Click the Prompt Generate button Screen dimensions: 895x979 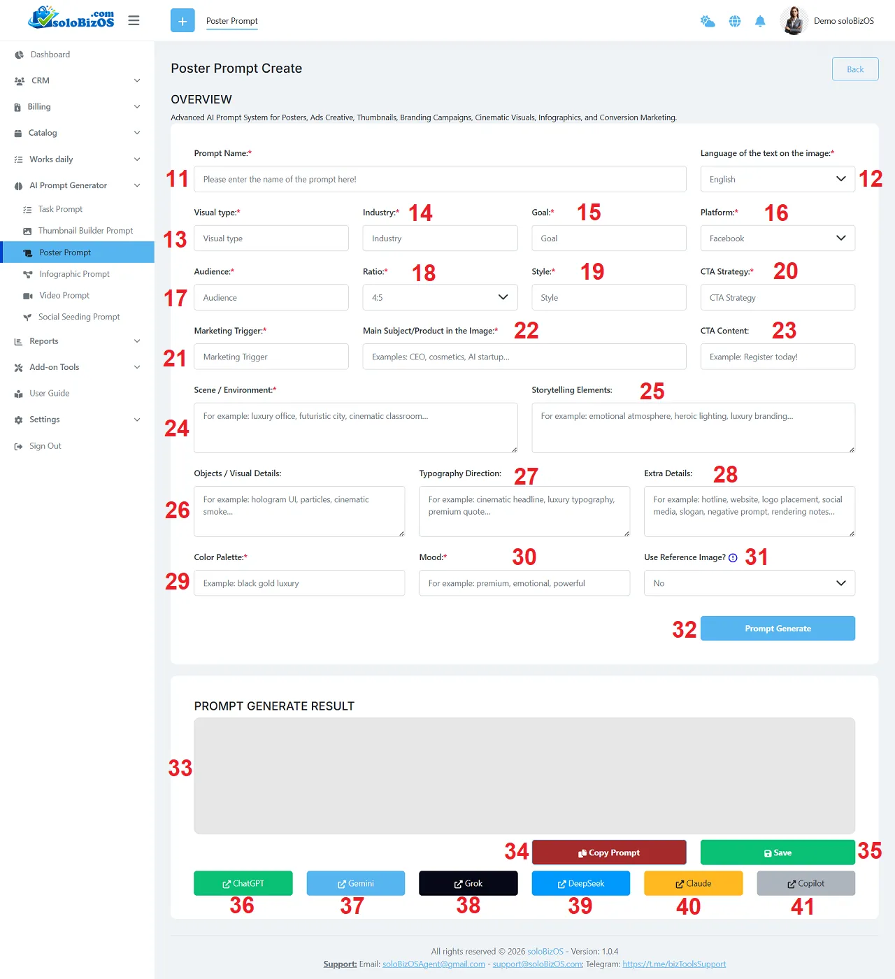pos(778,628)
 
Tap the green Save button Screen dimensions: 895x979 pos(778,852)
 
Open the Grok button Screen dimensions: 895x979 pos(468,883)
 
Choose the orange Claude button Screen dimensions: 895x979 pos(693,883)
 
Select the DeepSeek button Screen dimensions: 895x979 pos(581,883)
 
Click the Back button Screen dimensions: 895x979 pos(855,69)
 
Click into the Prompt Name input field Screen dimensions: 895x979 pos(440,179)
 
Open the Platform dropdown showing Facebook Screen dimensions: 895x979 pos(778,238)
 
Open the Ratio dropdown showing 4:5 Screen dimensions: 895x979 pos(440,297)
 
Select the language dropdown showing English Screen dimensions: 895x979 pos(778,179)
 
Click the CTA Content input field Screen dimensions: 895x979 pos(778,356)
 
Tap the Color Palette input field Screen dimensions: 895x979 pos(299,583)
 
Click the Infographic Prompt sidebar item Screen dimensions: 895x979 pos(74,274)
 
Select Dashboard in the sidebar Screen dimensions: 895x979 pos(50,54)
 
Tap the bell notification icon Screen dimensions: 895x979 pos(760,21)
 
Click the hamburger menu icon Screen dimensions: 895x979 pos(134,20)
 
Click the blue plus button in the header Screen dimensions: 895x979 pos(182,20)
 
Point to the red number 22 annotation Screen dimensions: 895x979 pos(526,330)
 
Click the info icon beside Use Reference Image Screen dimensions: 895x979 pos(733,558)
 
